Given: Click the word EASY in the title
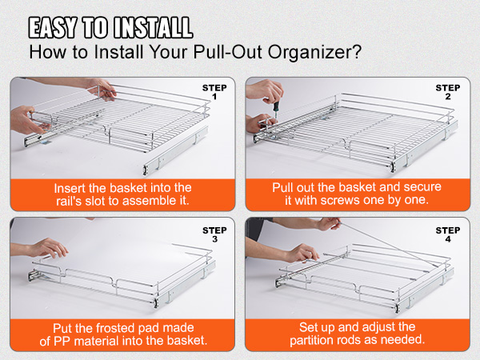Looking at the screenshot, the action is (x=53, y=27).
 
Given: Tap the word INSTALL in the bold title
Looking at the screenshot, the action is (x=154, y=27).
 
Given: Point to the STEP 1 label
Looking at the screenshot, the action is (x=214, y=92).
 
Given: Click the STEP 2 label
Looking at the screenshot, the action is (x=448, y=92).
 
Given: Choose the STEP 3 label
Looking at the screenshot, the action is (x=214, y=234).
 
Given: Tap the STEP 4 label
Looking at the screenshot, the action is (x=448, y=234).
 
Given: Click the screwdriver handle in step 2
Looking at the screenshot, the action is (x=276, y=106).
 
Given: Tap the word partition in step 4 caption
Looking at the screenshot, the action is (x=315, y=340).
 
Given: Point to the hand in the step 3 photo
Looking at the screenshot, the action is (x=47, y=248).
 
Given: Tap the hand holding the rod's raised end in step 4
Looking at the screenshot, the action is (x=328, y=224).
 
